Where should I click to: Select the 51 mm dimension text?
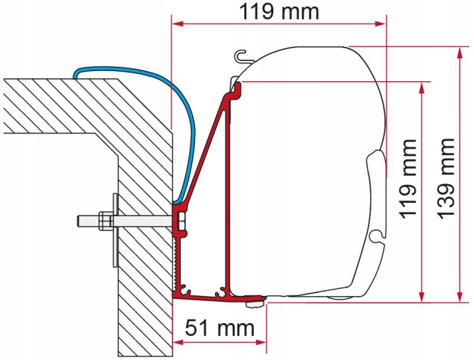coord(220,328)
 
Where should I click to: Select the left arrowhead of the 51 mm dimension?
coord(179,343)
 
